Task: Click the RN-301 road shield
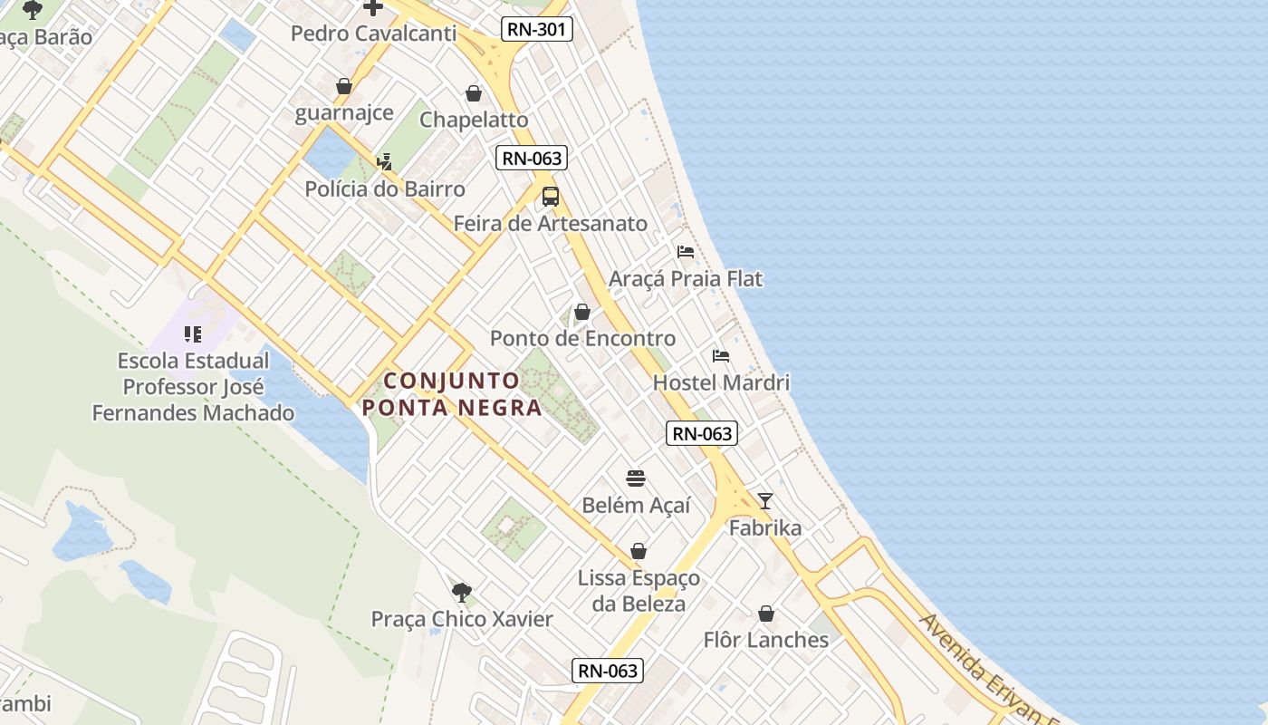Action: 537,29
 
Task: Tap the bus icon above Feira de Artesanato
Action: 550,196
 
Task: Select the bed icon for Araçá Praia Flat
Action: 686,251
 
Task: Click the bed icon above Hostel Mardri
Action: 721,355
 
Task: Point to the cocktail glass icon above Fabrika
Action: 765,500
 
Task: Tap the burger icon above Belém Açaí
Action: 636,478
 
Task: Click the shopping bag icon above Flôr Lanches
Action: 766,614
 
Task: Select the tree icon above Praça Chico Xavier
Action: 461,593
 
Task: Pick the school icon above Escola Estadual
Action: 192,334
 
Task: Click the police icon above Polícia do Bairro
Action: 384,162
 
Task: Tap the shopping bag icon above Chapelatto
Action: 474,93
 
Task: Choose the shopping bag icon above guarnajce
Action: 344,86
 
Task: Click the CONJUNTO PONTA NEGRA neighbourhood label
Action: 452,393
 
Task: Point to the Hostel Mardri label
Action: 721,382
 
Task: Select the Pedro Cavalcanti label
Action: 372,34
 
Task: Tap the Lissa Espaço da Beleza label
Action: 639,590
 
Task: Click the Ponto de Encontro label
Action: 582,338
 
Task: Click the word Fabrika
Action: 765,527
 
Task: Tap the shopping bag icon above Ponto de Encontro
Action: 582,312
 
